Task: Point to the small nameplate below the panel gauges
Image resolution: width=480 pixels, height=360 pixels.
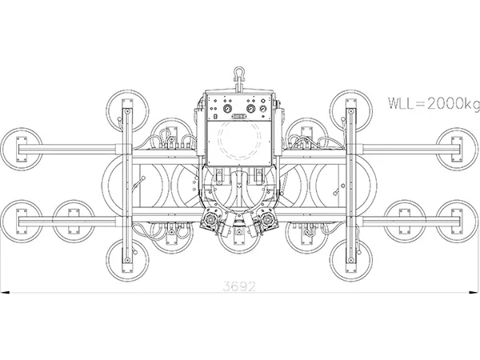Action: tap(239, 115)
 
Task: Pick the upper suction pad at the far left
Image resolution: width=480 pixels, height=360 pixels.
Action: tap(22, 147)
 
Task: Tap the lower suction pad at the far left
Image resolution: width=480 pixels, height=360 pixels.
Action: tap(22, 217)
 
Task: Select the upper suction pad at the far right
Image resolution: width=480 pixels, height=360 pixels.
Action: tap(457, 147)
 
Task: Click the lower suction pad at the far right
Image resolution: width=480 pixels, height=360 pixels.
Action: tap(457, 217)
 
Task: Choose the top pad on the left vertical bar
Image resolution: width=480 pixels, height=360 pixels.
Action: tap(125, 108)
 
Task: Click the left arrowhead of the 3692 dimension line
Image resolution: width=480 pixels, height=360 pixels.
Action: tap(6, 293)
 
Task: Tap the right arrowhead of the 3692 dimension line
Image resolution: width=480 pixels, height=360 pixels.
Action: tap(473, 293)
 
